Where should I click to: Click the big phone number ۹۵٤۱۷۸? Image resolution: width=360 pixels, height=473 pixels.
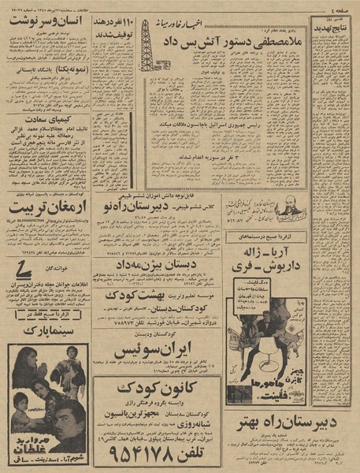click(x=157, y=452)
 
